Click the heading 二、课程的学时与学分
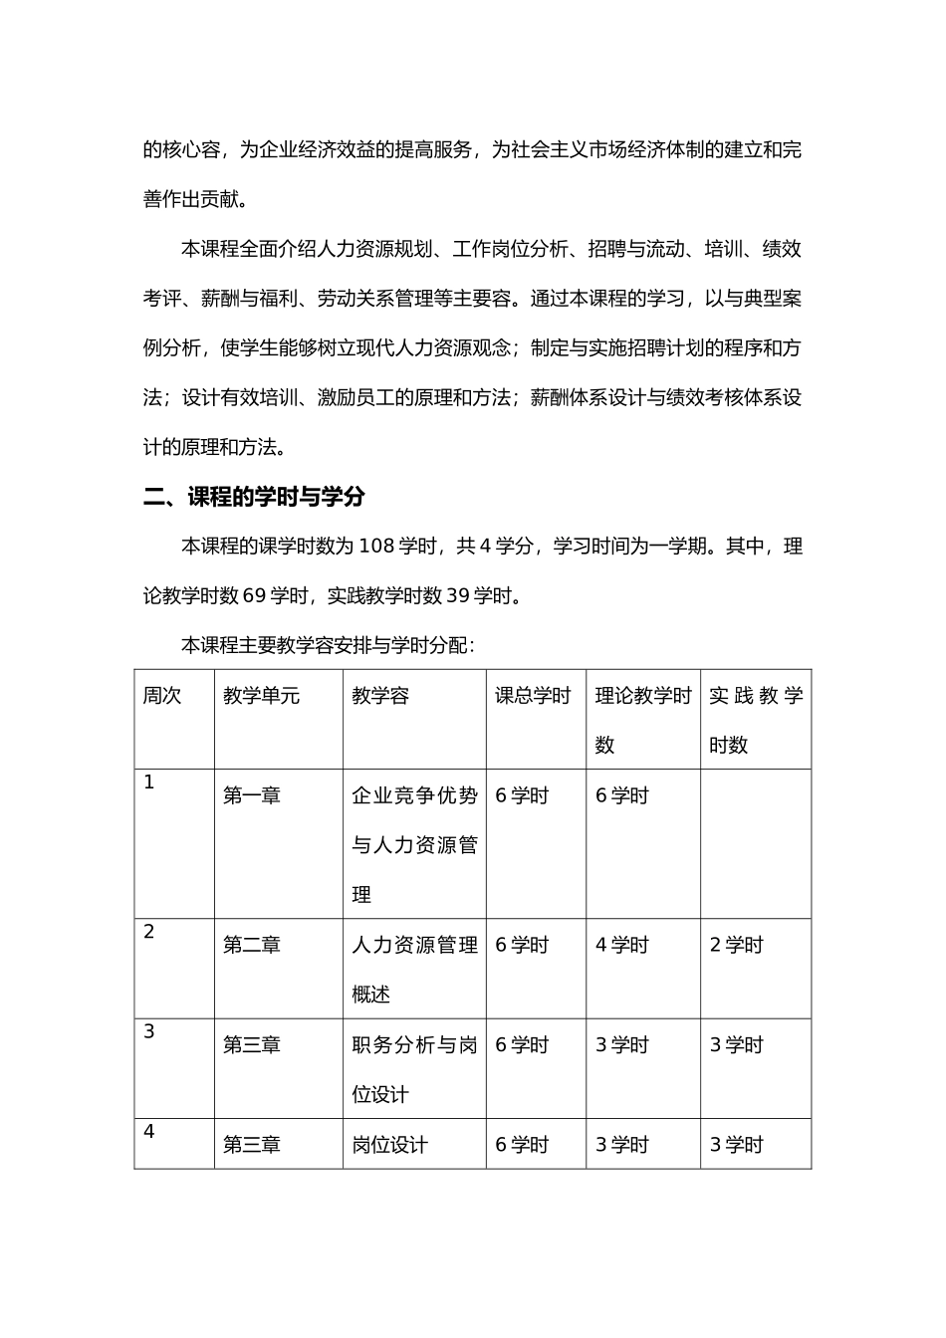click(254, 497)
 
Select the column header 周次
click(162, 696)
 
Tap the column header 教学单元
click(261, 696)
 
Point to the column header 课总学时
click(533, 696)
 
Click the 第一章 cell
click(252, 795)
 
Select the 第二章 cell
click(252, 945)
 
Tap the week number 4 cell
click(149, 1132)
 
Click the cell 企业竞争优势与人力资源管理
click(414, 844)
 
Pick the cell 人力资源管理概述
click(414, 969)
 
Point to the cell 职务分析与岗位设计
click(414, 1069)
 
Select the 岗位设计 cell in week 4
click(389, 1145)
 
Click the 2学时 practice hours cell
click(736, 945)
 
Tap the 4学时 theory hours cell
click(621, 945)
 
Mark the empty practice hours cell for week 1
click(755, 843)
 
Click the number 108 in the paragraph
click(376, 547)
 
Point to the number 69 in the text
click(254, 596)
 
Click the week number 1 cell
click(149, 782)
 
